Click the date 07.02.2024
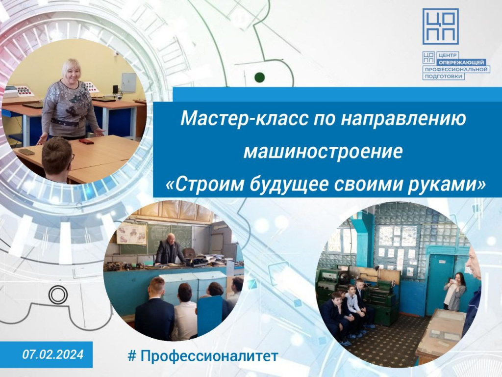(53, 354)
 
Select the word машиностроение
(323, 152)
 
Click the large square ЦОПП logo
(441, 27)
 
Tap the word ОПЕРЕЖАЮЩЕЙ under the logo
(461, 62)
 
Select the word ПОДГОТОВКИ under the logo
(443, 76)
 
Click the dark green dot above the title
(259, 77)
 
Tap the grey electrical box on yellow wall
(129, 82)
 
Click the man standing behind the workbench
(169, 249)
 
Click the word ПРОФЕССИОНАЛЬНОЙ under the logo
(456, 69)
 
